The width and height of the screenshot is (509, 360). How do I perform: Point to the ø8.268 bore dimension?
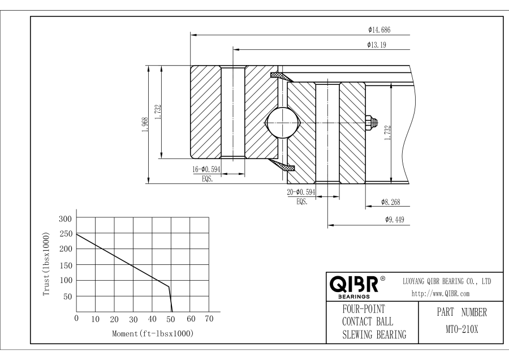[391, 202]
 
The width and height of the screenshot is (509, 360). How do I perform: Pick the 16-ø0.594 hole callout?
[206, 169]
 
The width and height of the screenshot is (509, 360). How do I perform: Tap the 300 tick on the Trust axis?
[67, 218]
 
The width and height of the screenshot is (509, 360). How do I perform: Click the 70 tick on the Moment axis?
[209, 319]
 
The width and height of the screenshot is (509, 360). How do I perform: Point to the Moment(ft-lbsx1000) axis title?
[152, 333]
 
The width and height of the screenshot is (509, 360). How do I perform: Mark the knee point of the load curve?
[169, 286]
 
